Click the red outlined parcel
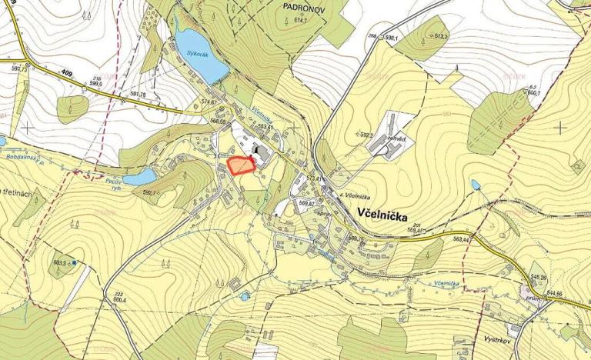click(x=241, y=166)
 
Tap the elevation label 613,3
click(x=442, y=36)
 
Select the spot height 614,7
click(x=299, y=42)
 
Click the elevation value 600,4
click(x=119, y=301)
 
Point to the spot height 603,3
click(x=62, y=262)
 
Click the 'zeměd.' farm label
click(x=396, y=139)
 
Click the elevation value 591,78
click(x=140, y=95)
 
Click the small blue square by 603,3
click(x=73, y=263)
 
